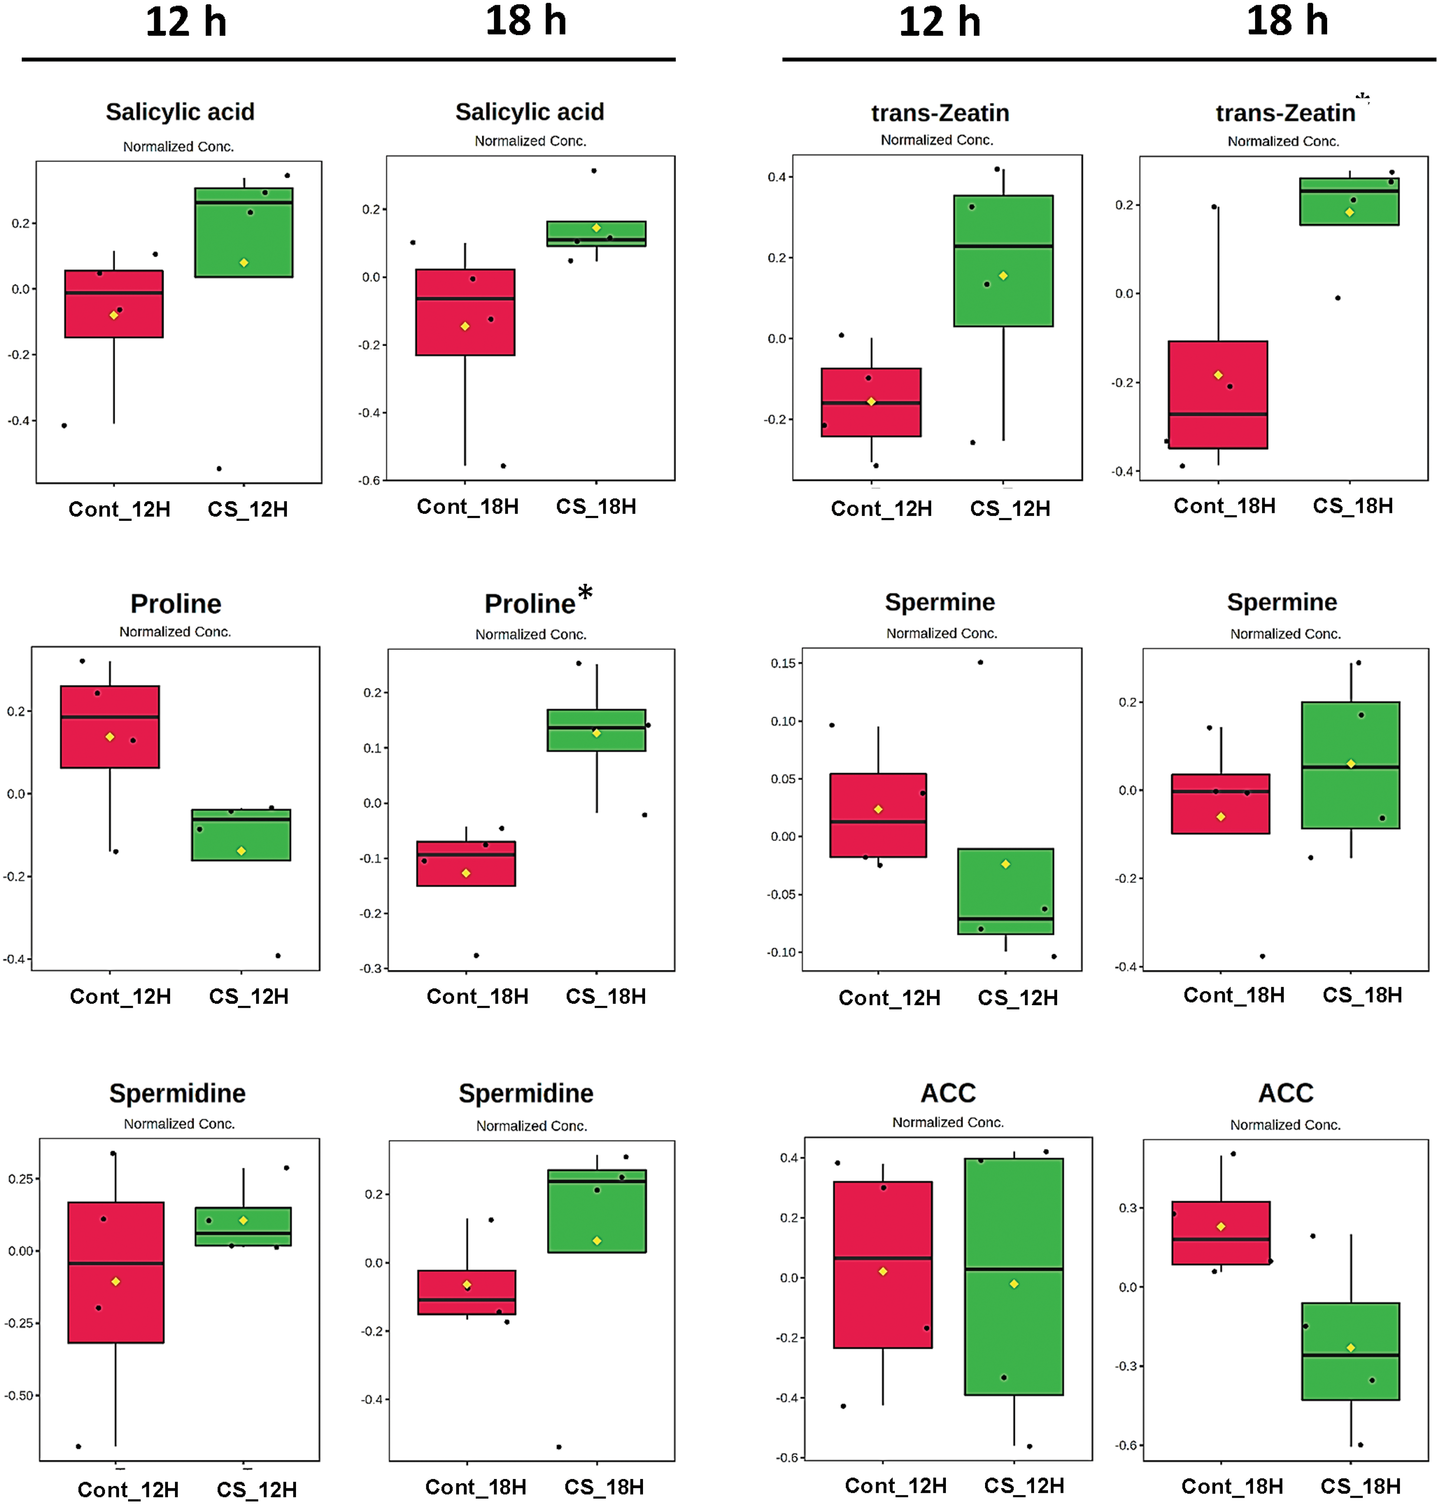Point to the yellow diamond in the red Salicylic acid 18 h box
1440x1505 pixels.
(465, 326)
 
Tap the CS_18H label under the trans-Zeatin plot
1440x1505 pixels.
(1352, 506)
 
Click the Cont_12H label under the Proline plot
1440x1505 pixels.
(121, 997)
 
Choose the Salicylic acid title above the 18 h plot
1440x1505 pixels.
(530, 112)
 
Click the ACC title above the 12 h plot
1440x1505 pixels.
(948, 1093)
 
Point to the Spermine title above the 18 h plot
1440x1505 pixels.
(1282, 602)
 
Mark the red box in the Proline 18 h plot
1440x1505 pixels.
(466, 864)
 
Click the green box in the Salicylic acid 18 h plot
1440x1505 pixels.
(596, 233)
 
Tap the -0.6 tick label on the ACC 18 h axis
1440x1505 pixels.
(1127, 1445)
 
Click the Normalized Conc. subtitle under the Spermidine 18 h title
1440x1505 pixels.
(531, 1126)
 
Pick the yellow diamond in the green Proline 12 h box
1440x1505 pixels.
(241, 851)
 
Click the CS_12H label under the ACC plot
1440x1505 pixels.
(1024, 1486)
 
